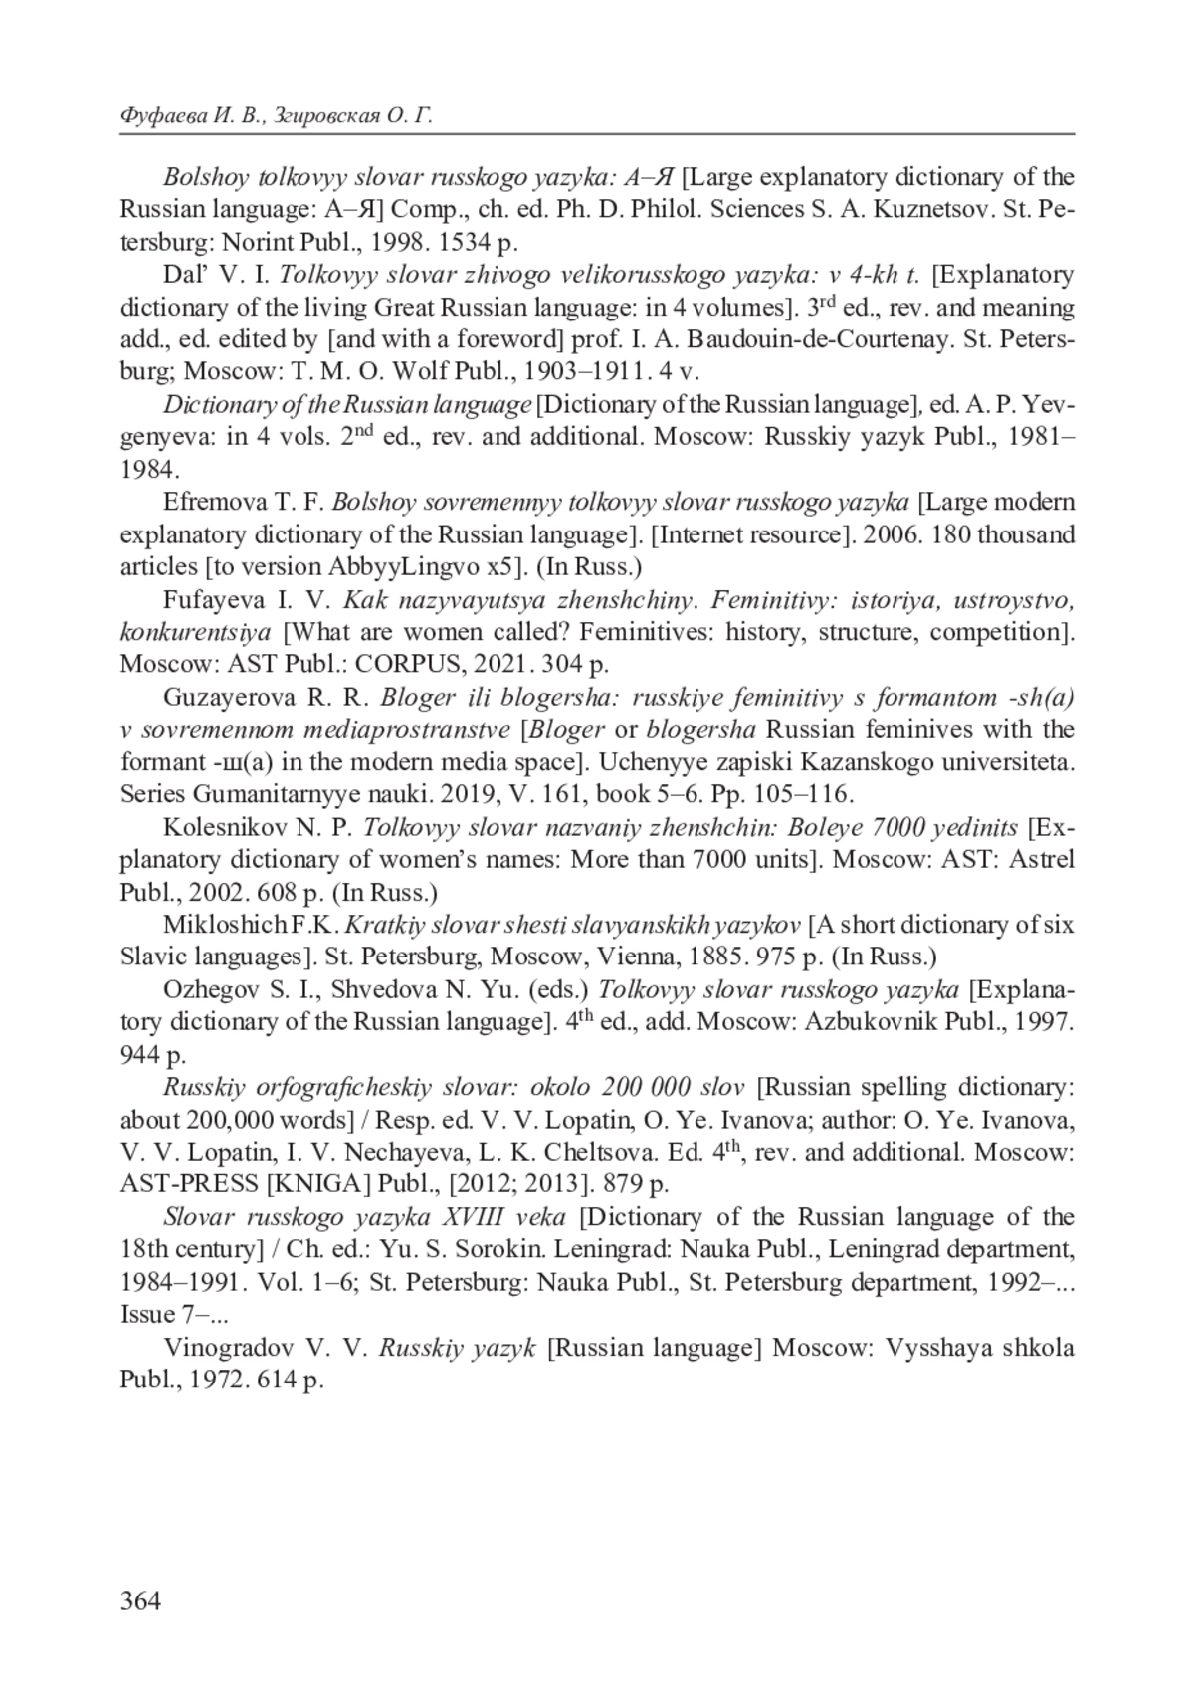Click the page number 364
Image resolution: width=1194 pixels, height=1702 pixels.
click(139, 1599)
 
